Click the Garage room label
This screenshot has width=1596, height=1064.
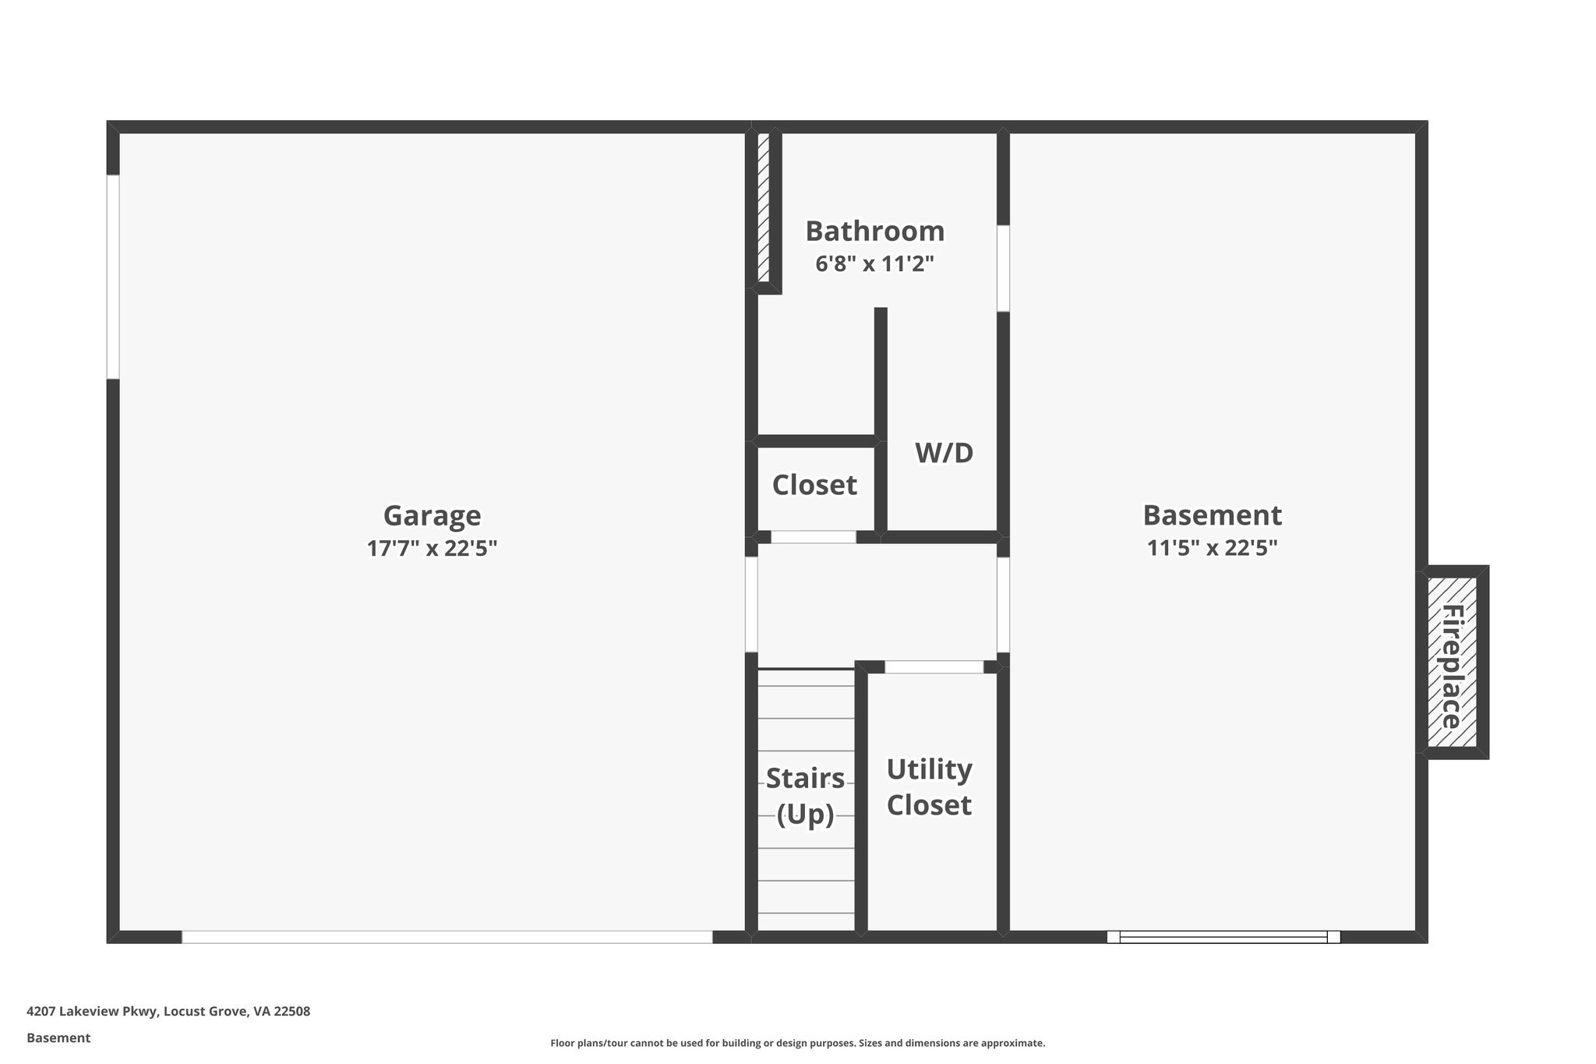(x=432, y=516)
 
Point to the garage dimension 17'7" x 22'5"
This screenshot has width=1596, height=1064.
(x=432, y=549)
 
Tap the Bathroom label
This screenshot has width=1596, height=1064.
(x=874, y=232)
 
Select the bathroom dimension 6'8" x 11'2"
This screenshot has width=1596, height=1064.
(x=874, y=264)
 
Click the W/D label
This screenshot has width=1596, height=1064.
(x=944, y=453)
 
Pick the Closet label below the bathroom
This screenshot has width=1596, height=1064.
(x=814, y=485)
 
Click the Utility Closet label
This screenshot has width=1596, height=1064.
(x=929, y=787)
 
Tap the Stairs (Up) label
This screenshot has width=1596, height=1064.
(x=805, y=796)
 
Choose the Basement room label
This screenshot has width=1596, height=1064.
(x=1212, y=516)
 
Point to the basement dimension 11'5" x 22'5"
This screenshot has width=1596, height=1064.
(x=1212, y=549)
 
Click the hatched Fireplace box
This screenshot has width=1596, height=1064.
(x=1452, y=663)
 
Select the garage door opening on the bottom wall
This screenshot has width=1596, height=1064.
(x=447, y=937)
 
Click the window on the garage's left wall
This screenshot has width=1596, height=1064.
(x=113, y=277)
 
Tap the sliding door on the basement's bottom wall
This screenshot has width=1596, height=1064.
(x=1223, y=937)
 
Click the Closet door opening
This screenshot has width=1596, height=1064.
(x=813, y=537)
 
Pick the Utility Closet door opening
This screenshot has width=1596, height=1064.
(x=934, y=667)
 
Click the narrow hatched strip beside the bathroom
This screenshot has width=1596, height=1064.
(x=764, y=207)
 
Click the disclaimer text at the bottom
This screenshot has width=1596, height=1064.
(x=797, y=1043)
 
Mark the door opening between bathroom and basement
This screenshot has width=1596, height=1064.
(x=1003, y=268)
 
